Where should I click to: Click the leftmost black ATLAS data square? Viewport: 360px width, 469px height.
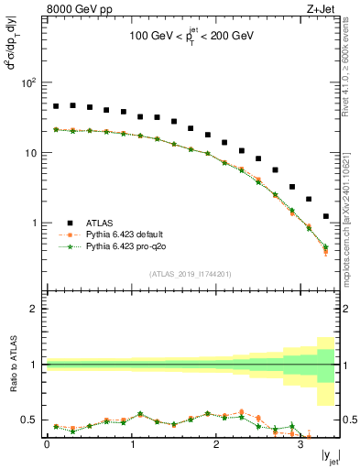tap(56, 106)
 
